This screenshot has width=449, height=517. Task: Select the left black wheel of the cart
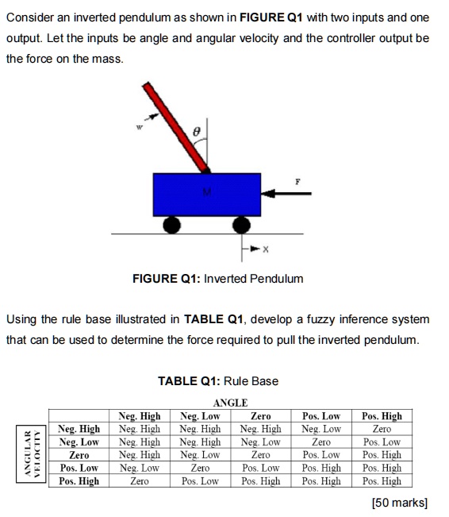(x=170, y=226)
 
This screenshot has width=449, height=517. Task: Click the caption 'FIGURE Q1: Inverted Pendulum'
(x=218, y=279)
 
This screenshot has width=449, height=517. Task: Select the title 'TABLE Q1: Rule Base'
(x=218, y=381)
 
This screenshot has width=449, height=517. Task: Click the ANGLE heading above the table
(x=231, y=403)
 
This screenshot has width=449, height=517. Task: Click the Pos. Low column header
(x=321, y=416)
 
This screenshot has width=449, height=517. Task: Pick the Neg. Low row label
(x=79, y=442)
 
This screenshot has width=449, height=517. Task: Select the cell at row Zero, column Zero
(x=260, y=455)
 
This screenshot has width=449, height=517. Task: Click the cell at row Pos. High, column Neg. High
(x=139, y=481)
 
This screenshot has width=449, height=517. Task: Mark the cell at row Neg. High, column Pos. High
(x=382, y=429)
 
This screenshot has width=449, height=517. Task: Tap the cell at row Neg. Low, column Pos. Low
(x=321, y=442)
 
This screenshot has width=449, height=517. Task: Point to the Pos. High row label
(x=79, y=481)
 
